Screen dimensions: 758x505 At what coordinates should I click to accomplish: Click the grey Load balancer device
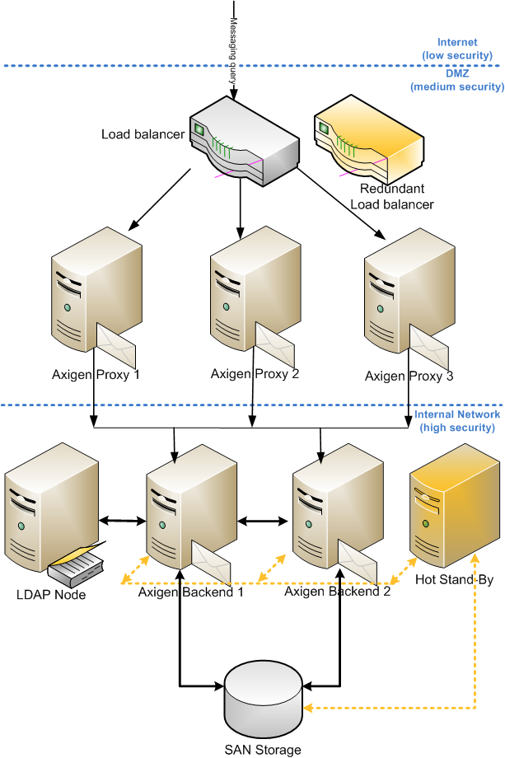242,140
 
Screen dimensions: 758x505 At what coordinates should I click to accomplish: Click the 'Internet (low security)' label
456,49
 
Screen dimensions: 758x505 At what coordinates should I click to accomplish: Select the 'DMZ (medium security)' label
456,80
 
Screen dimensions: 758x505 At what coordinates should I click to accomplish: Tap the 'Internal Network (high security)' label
456,421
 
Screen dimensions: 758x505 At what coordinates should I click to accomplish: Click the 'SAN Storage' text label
263,749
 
